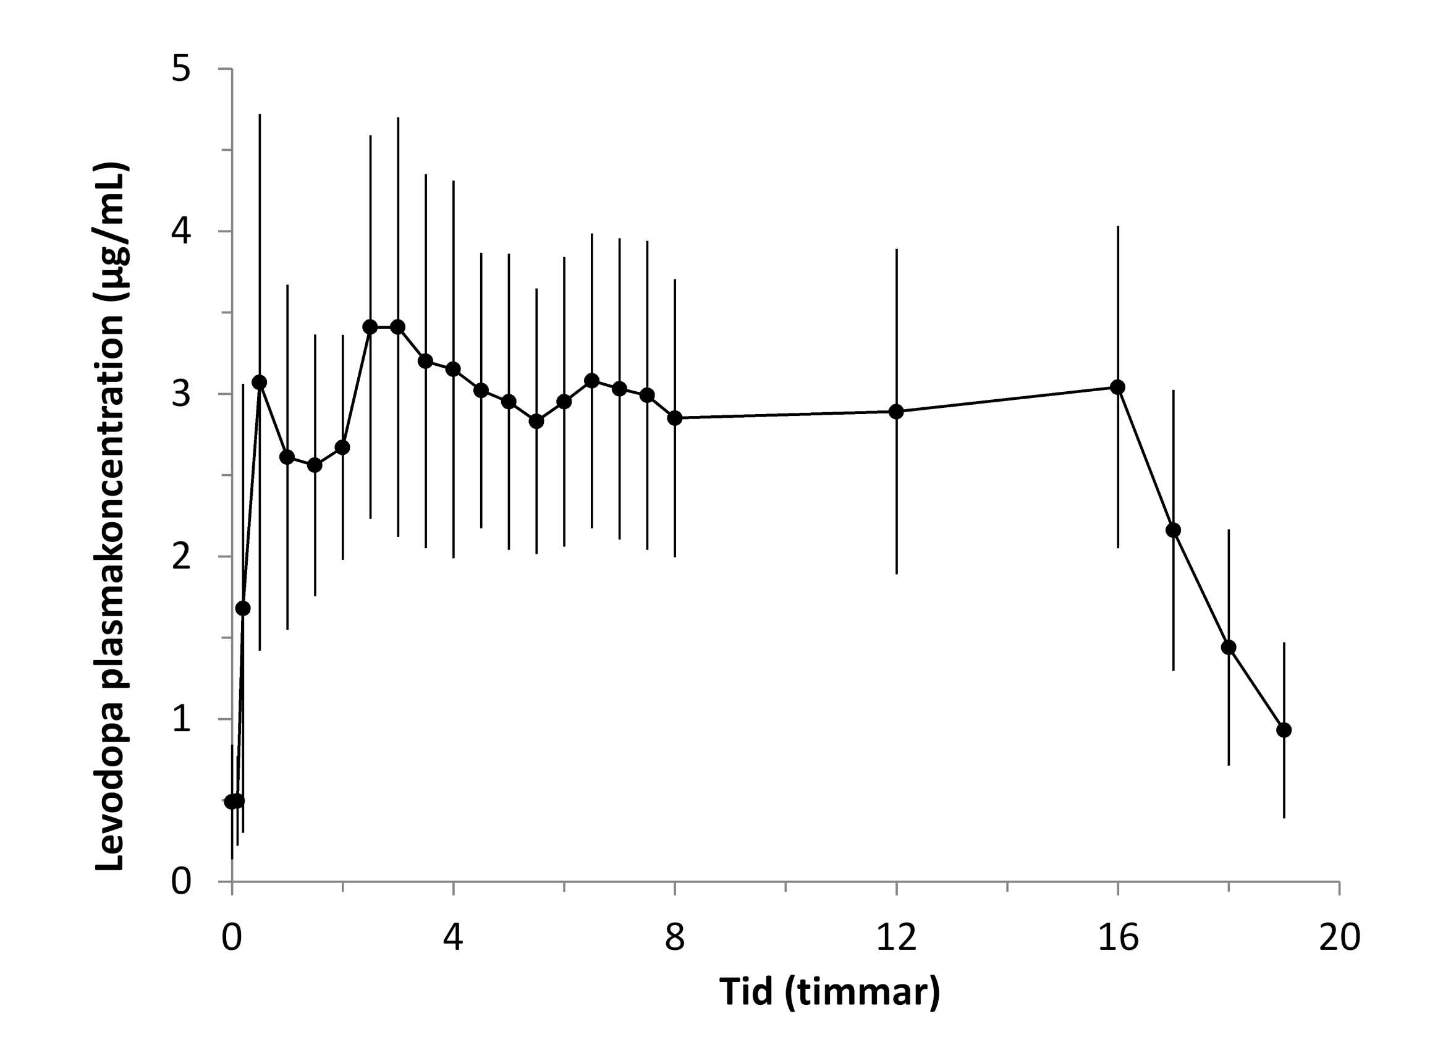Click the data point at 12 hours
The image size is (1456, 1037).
(x=896, y=411)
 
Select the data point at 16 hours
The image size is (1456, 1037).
(x=1117, y=387)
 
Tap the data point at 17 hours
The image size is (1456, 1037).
(x=1173, y=530)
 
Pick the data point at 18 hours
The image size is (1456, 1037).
(x=1229, y=648)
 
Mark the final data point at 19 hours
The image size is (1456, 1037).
(x=1284, y=730)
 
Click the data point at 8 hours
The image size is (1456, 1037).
(x=674, y=418)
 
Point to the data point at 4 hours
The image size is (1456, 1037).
(x=454, y=369)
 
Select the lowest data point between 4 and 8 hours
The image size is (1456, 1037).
(x=536, y=421)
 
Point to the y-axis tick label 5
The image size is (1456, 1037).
(x=181, y=69)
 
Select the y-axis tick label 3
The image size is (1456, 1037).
(x=181, y=394)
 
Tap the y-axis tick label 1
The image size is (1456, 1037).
(x=181, y=719)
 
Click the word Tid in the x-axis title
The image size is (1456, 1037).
(x=745, y=993)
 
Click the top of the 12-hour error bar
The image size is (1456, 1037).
(x=896, y=250)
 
